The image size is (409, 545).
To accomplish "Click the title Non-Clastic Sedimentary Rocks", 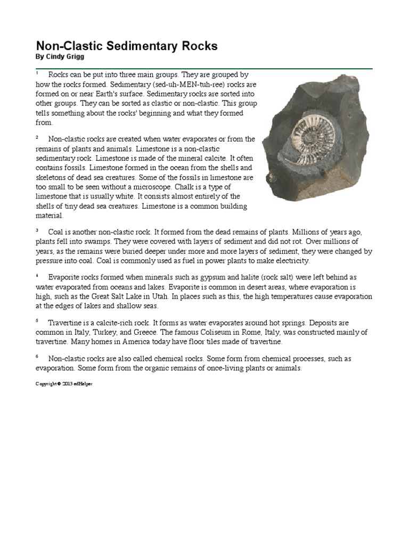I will [126, 46].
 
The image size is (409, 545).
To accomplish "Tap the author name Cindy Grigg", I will [58, 57].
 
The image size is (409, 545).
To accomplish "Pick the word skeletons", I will [52, 178].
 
